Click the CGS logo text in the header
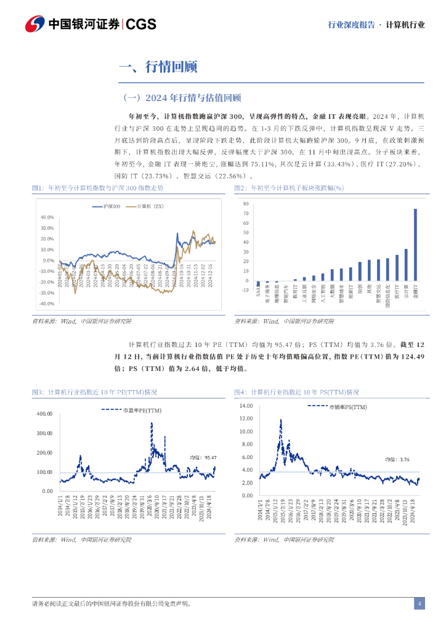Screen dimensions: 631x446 click(141, 24)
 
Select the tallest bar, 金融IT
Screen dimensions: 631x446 click(415, 244)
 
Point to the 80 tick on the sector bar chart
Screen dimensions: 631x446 click(246, 203)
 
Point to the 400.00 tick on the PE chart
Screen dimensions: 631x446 click(45, 414)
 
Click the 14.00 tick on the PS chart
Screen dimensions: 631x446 click(246, 405)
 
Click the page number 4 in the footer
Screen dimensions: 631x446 click(420, 603)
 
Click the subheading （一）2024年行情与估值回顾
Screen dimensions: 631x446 click(182, 97)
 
